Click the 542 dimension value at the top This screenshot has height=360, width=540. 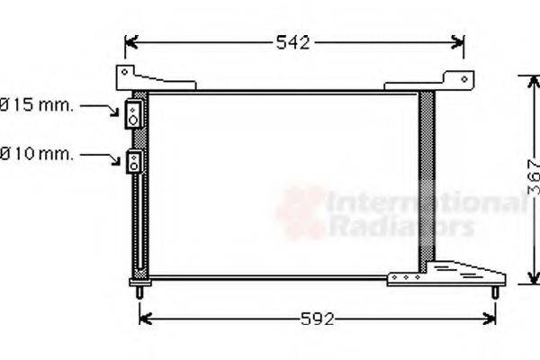click(293, 42)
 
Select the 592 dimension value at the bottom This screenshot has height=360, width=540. click(317, 319)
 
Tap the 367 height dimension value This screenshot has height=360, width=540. click(534, 177)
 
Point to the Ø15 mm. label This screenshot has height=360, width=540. click(36, 104)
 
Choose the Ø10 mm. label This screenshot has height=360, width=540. click(36, 154)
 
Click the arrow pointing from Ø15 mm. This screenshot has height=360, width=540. click(100, 109)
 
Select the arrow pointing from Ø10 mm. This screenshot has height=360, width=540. click(100, 158)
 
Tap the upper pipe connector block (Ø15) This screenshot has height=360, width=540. click(133, 114)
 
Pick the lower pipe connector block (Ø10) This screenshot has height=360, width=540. click(134, 162)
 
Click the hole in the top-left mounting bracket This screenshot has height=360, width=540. click(125, 72)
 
